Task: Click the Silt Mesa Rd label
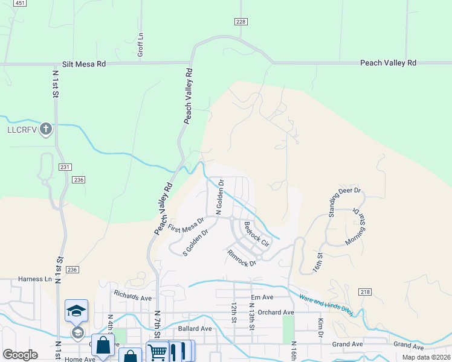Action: [x=84, y=63]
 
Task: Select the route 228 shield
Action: [x=241, y=22]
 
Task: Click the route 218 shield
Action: [x=364, y=291]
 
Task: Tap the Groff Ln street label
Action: [x=140, y=45]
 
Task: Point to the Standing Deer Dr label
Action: [x=344, y=202]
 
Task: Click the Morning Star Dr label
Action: [x=364, y=226]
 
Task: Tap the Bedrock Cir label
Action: [x=256, y=233]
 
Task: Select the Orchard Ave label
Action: [x=275, y=313]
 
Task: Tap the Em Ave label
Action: [x=262, y=297]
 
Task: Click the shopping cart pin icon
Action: [x=157, y=351]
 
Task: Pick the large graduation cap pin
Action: [x=77, y=311]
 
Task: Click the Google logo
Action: [x=20, y=355]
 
